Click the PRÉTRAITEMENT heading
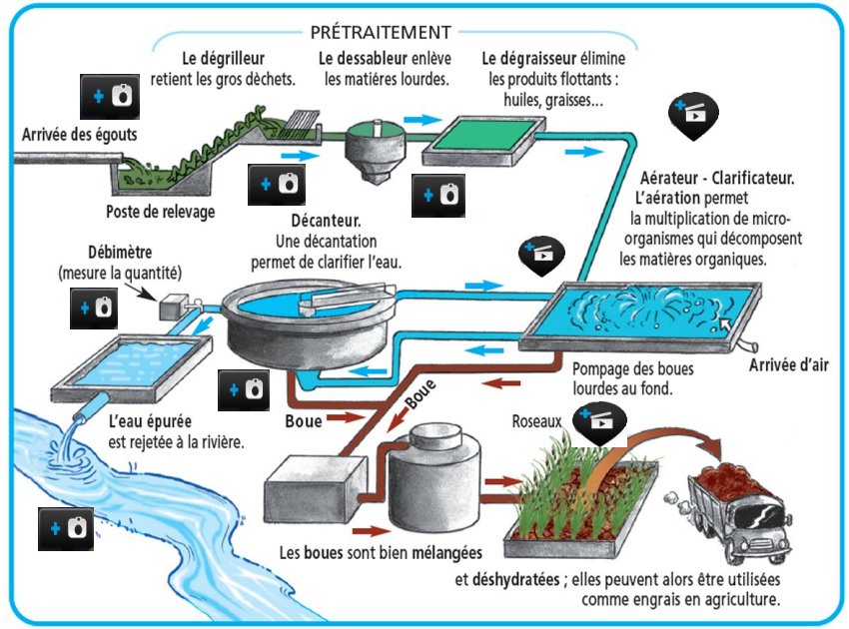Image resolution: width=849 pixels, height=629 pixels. tap(381, 32)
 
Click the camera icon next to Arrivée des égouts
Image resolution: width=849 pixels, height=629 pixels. tap(110, 97)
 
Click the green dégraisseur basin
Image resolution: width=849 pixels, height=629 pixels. tap(483, 140)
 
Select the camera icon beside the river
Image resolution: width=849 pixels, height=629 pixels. tap(66, 526)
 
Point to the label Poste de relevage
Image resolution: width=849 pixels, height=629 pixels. tap(160, 212)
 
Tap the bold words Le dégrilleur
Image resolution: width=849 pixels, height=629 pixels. tap(223, 58)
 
